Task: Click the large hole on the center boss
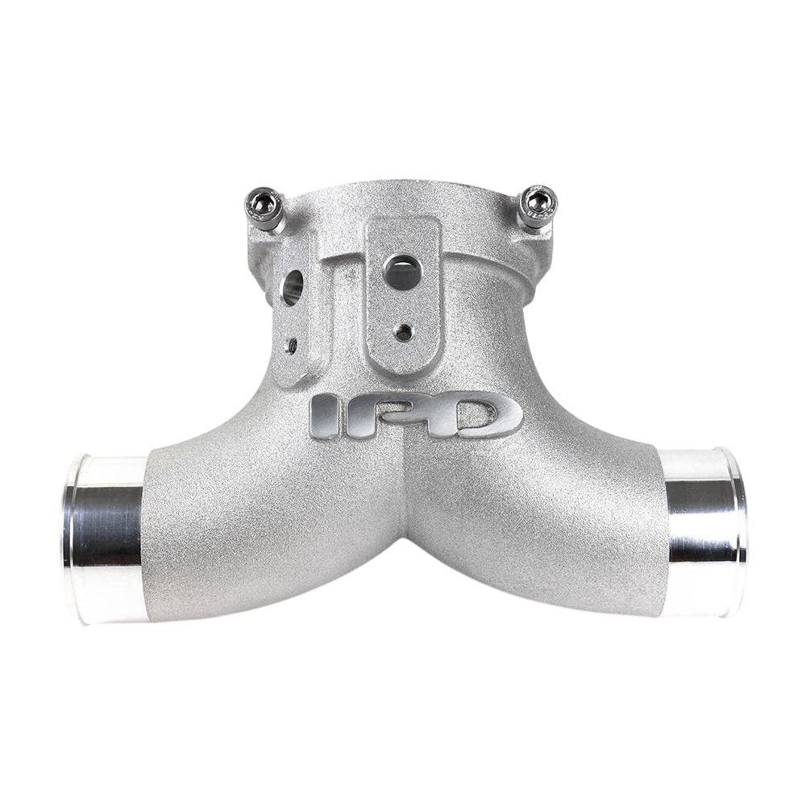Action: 401,270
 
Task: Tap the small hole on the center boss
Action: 404,330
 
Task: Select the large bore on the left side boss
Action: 293,286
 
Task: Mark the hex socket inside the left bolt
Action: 260,196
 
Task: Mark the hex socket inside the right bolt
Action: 538,197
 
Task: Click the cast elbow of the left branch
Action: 234,500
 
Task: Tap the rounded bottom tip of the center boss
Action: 403,360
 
